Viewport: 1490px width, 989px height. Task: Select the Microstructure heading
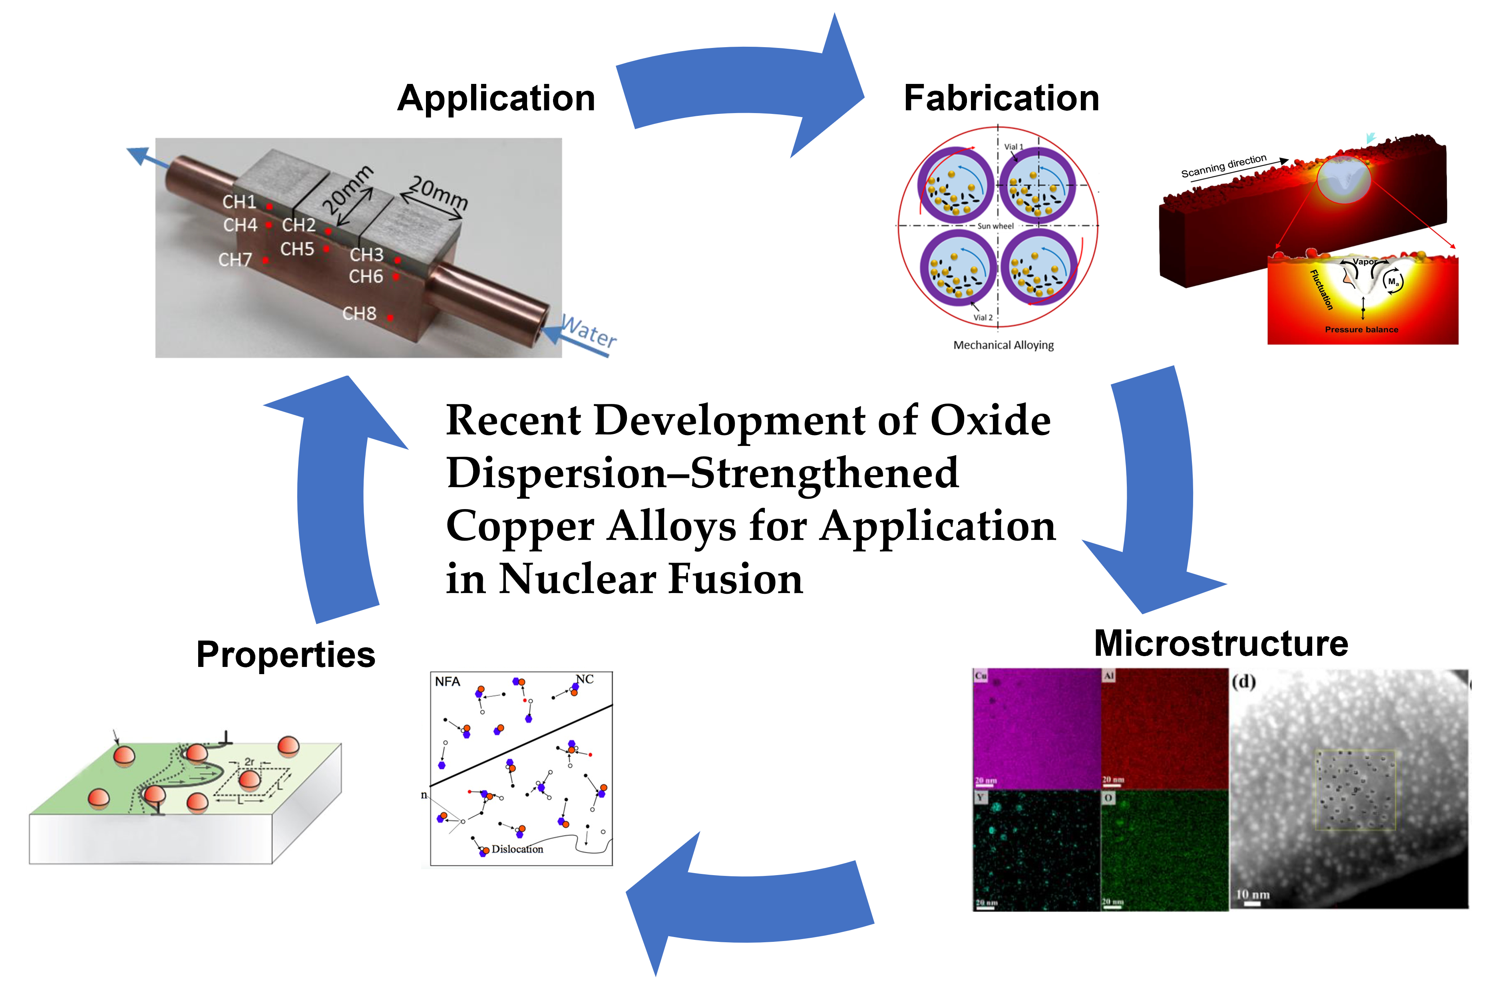(x=1221, y=643)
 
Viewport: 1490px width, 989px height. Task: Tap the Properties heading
(x=286, y=655)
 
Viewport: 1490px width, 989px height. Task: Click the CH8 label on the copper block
(x=359, y=313)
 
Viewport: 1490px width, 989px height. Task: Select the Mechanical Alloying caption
(x=1003, y=345)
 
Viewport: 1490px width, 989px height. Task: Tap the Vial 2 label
(x=983, y=317)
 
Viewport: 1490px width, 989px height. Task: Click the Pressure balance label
(x=1361, y=329)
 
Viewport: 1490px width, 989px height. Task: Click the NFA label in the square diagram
(x=447, y=682)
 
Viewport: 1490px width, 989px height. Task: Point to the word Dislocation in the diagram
(x=517, y=849)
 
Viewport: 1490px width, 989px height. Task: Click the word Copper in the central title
(x=520, y=526)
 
